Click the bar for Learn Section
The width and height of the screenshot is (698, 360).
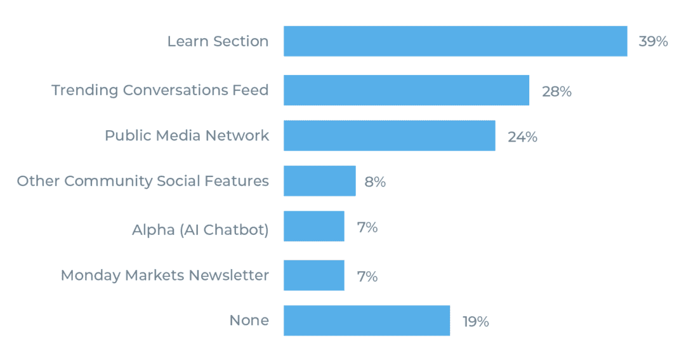tap(455, 41)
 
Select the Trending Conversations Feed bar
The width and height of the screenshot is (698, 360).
tap(406, 90)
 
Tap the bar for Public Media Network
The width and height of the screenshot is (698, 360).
tap(389, 136)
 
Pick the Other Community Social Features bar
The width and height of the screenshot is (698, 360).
tap(319, 181)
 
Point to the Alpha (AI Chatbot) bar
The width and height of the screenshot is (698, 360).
tap(313, 227)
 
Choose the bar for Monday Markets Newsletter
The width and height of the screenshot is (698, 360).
tap(313, 276)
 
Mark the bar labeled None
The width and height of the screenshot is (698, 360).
tap(366, 321)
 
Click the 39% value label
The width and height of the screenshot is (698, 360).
tap(653, 42)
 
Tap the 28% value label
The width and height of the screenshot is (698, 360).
tap(556, 91)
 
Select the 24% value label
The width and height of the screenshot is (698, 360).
tap(522, 137)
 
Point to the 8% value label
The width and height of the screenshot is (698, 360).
tap(375, 182)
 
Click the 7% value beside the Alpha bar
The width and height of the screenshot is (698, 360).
tap(367, 227)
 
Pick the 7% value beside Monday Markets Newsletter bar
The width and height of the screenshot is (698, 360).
tap(367, 277)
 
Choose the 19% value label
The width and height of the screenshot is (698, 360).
tap(475, 322)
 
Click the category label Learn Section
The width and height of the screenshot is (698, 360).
tap(218, 42)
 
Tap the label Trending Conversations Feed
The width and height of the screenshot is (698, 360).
tap(160, 90)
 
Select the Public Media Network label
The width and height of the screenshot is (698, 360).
tap(187, 136)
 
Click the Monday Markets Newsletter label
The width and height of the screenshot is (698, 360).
tap(164, 276)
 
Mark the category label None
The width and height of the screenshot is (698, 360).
tap(249, 321)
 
